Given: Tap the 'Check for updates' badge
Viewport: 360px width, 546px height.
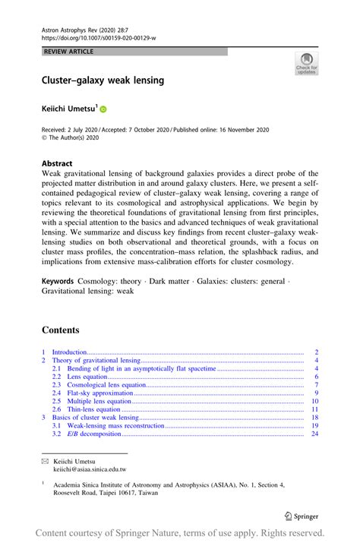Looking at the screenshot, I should (x=306, y=64).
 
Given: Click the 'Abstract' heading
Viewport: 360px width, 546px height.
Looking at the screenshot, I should (x=57, y=163).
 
